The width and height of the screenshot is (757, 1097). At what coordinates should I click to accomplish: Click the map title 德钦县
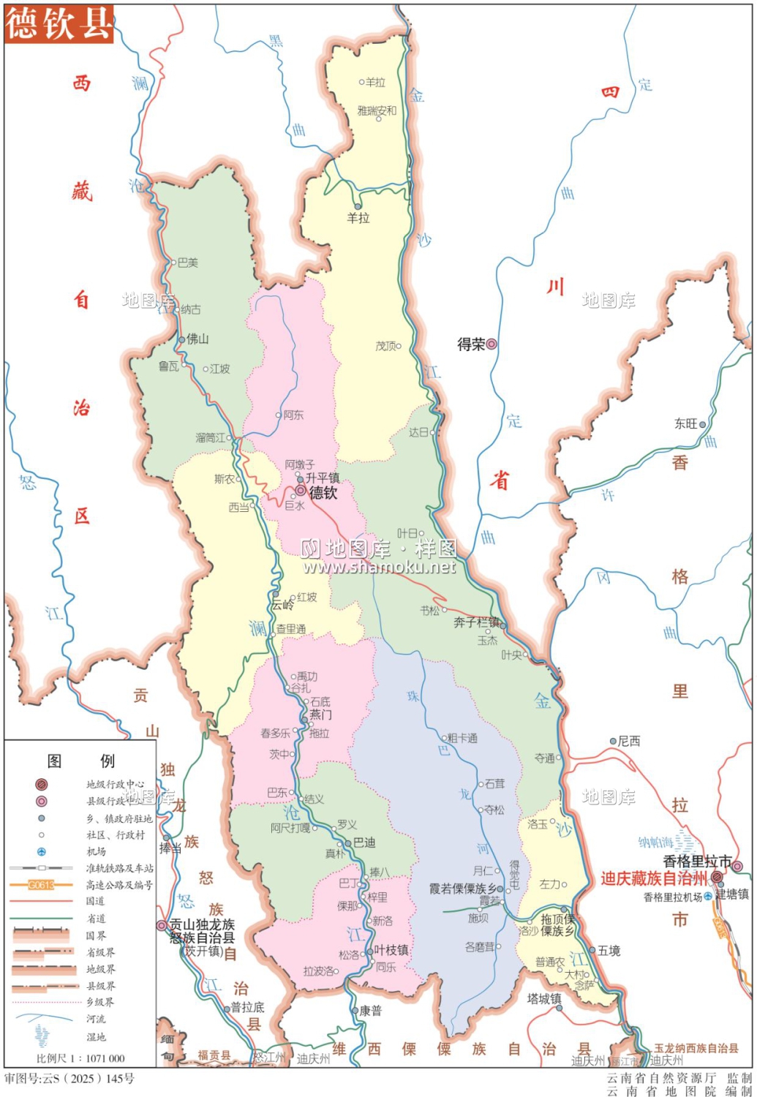(x=59, y=24)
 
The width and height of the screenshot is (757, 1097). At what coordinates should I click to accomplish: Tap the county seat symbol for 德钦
(x=301, y=491)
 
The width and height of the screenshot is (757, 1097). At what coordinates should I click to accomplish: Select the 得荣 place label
(x=471, y=344)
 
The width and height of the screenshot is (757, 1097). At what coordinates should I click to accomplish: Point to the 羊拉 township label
(x=358, y=218)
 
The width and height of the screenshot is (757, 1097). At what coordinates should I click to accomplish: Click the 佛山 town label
(x=197, y=339)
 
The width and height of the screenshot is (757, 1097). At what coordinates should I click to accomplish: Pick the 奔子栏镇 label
(x=476, y=622)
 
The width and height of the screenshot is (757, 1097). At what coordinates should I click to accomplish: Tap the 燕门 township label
(x=320, y=715)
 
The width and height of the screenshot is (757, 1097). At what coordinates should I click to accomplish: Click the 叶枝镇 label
(x=391, y=950)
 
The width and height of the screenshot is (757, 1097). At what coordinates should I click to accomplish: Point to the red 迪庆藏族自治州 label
(x=654, y=878)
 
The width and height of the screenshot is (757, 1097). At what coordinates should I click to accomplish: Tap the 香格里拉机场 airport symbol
(x=708, y=896)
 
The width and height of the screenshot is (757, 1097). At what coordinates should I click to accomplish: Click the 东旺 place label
(x=686, y=423)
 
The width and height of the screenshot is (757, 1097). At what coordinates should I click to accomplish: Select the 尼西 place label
(x=628, y=741)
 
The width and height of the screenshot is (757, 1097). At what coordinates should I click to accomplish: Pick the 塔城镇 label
(x=544, y=998)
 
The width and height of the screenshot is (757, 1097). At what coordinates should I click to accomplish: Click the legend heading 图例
(x=80, y=761)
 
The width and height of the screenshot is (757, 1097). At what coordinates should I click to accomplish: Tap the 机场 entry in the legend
(x=96, y=851)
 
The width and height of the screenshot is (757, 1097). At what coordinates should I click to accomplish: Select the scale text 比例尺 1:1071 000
(x=80, y=1058)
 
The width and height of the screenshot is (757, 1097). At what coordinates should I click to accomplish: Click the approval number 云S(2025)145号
(x=69, y=1079)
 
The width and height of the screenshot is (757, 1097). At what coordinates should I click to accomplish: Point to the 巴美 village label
(x=187, y=263)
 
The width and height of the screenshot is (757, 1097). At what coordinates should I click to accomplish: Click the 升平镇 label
(x=323, y=478)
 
